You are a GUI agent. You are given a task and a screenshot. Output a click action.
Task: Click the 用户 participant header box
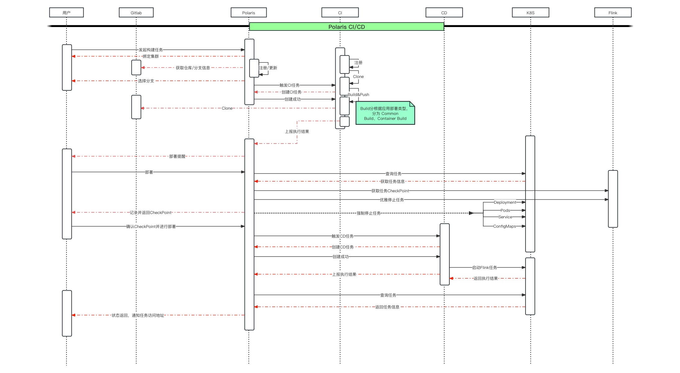pyautogui.click(x=67, y=12)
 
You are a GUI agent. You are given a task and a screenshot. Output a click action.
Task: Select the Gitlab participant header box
pyautogui.click(x=136, y=12)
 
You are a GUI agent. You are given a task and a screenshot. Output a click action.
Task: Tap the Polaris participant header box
pyautogui.click(x=249, y=12)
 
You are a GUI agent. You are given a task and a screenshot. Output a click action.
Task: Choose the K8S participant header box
pyautogui.click(x=531, y=12)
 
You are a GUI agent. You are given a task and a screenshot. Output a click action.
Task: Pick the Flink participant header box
pyautogui.click(x=613, y=12)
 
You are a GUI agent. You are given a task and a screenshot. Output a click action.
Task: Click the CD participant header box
pyautogui.click(x=444, y=12)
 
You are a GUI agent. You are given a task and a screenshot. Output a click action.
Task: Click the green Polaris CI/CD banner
pyautogui.click(x=347, y=27)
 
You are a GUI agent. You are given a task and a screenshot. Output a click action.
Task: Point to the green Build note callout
pyautogui.click(x=385, y=113)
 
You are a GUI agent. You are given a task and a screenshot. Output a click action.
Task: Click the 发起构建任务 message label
pyautogui.click(x=151, y=50)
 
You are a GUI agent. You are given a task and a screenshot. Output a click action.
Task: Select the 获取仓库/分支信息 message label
pyautogui.click(x=193, y=68)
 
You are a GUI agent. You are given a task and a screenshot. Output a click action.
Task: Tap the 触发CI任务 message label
pyautogui.click(x=289, y=85)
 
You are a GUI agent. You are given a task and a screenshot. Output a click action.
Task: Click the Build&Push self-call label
pyautogui.click(x=358, y=94)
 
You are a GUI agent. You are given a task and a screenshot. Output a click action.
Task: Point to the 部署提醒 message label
pyautogui.click(x=177, y=156)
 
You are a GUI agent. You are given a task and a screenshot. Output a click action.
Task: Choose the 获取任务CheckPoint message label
pyautogui.click(x=390, y=191)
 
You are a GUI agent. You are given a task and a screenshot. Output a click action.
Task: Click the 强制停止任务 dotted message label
pyautogui.click(x=369, y=213)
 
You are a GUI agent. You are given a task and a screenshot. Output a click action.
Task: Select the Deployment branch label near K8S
pyautogui.click(x=505, y=202)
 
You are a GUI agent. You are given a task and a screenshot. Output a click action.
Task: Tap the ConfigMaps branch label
pyautogui.click(x=504, y=226)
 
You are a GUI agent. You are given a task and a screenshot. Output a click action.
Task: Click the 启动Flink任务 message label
pyautogui.click(x=485, y=267)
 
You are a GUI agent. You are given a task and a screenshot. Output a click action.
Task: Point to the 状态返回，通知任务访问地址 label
pyautogui.click(x=138, y=315)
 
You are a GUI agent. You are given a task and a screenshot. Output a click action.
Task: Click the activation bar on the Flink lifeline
pyautogui.click(x=613, y=199)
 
